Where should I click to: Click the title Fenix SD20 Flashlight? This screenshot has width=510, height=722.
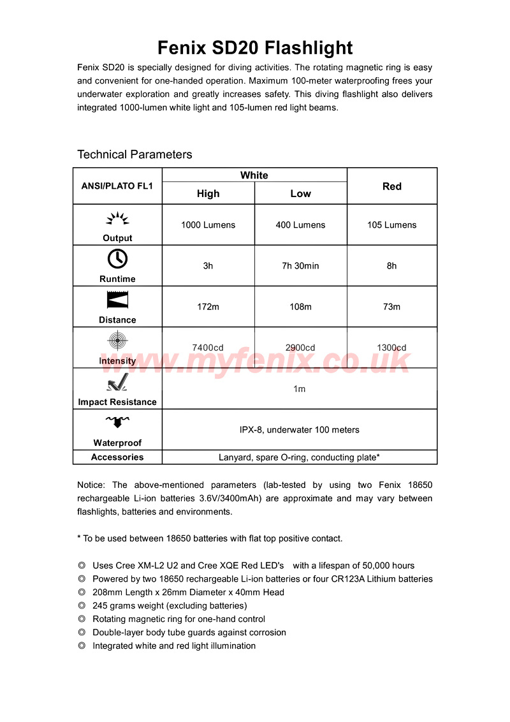pyautogui.click(x=255, y=48)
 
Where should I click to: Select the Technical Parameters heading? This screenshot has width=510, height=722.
pyautogui.click(x=135, y=154)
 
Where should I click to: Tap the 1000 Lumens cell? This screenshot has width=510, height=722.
pyautogui.click(x=208, y=225)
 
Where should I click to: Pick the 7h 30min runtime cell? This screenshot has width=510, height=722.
pyautogui.click(x=300, y=266)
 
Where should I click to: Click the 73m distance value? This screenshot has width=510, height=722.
pyautogui.click(x=391, y=307)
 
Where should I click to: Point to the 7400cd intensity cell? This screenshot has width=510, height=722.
pyautogui.click(x=208, y=348)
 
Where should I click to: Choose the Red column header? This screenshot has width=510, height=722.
pyautogui.click(x=391, y=186)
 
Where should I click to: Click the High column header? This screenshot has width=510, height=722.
pyautogui.click(x=208, y=193)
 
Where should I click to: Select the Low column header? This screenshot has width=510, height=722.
pyautogui.click(x=300, y=193)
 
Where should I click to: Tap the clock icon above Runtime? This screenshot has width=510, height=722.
pyautogui.click(x=117, y=258)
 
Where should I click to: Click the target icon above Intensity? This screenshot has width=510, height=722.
pyautogui.click(x=117, y=340)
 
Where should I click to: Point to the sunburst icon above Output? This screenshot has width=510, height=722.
pyautogui.click(x=117, y=219)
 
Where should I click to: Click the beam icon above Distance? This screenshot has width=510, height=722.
pyautogui.click(x=117, y=300)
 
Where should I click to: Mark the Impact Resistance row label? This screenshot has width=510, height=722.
pyautogui.click(x=117, y=402)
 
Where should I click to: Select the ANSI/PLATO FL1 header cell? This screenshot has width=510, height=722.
pyautogui.click(x=117, y=186)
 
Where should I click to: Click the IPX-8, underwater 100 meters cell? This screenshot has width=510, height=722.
pyautogui.click(x=299, y=430)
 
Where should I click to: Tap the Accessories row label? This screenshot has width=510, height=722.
pyautogui.click(x=117, y=457)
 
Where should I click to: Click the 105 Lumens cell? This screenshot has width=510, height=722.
pyautogui.click(x=391, y=225)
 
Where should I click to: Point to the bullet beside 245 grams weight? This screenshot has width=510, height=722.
pyautogui.click(x=82, y=606)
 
